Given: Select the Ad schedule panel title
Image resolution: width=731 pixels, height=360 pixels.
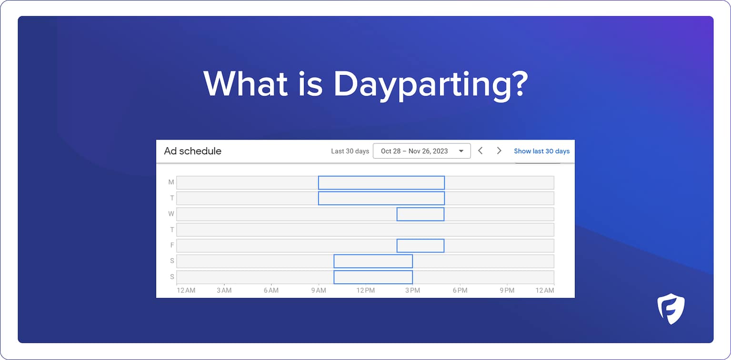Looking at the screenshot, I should point(193,151).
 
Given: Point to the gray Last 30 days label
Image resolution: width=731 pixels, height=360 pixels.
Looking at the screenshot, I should point(350,151).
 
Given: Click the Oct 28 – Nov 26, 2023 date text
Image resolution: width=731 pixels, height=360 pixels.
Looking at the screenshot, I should point(414,151).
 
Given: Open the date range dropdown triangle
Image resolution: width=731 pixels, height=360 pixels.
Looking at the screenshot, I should point(461,151).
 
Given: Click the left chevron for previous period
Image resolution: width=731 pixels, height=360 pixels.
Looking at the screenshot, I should point(481,151).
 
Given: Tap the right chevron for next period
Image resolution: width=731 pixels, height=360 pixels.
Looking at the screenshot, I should point(499,151).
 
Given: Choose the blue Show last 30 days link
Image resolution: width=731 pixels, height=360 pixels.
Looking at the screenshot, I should point(541,151).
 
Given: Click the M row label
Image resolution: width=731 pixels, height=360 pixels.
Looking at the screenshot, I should point(171,182).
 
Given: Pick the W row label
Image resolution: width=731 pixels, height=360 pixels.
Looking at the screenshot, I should point(171,214).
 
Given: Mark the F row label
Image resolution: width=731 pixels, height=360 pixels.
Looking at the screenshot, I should point(171,245).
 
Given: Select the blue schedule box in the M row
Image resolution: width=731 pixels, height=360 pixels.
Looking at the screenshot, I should point(381,183).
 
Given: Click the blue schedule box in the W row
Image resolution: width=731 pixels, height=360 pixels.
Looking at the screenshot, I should point(421,214).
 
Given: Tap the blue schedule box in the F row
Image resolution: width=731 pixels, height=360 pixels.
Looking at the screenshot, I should point(421,246).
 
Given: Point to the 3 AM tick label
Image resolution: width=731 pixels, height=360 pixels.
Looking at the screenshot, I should point(224,290).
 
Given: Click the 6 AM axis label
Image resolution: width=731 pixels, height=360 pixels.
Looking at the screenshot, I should point(271,290).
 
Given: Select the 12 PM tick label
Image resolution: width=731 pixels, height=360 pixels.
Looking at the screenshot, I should point(365,290).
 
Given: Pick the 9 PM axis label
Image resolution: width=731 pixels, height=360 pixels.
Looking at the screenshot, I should point(507,290).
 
